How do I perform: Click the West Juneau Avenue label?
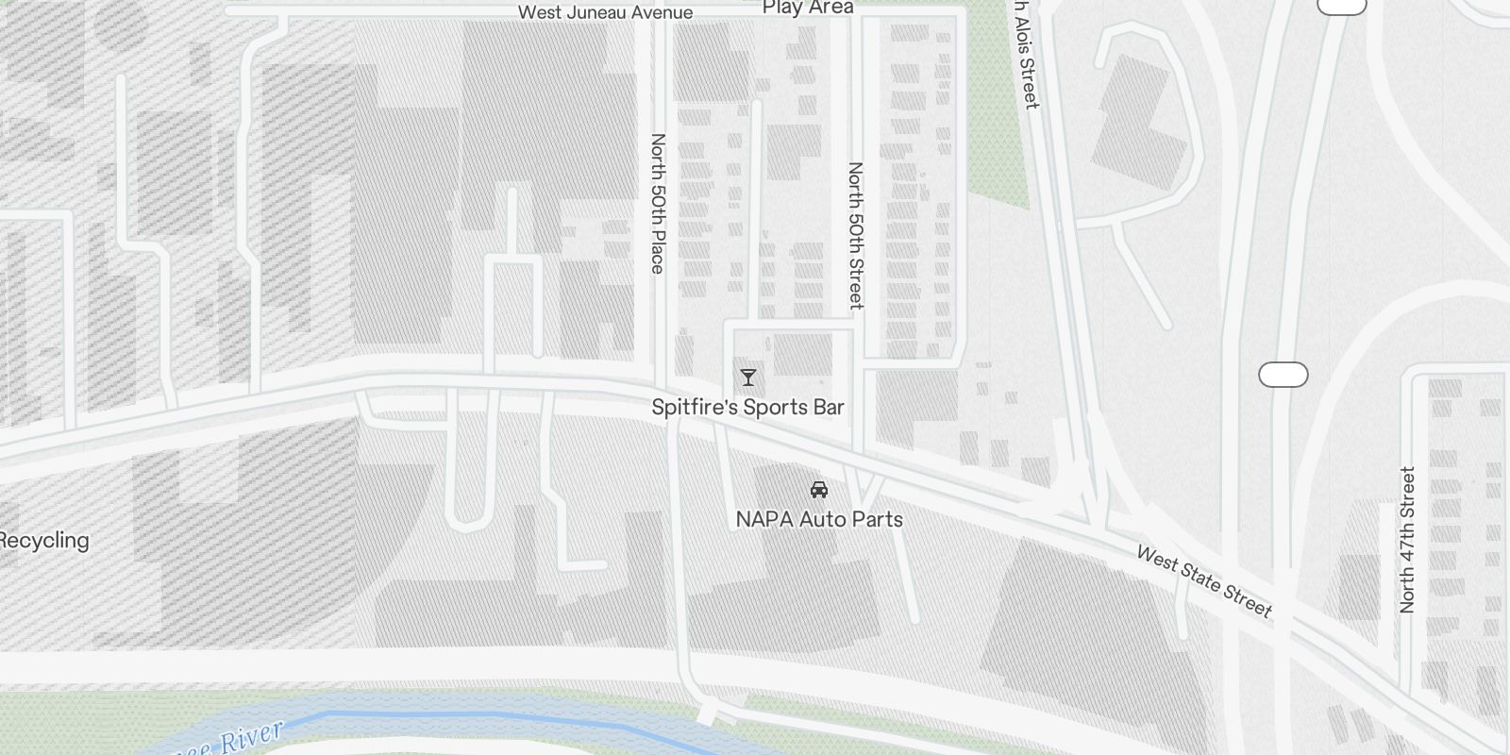[605, 12]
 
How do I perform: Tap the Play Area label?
[808, 8]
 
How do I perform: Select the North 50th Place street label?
[658, 203]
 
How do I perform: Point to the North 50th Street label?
[855, 235]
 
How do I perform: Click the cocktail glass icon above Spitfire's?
[748, 377]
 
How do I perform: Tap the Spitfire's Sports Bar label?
[747, 407]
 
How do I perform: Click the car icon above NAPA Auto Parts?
[819, 490]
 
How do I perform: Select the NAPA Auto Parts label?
[819, 519]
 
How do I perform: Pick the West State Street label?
[1204, 581]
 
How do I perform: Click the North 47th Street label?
[1407, 540]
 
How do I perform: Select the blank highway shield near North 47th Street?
[1283, 375]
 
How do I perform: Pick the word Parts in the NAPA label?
[877, 519]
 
